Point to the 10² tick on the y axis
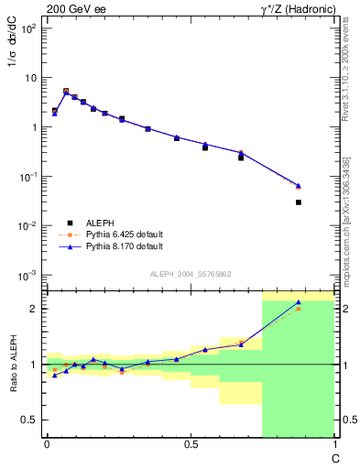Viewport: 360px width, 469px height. tap(27, 28)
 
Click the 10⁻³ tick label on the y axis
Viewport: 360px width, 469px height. tap(27, 276)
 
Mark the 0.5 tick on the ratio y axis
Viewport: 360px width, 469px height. tap(31, 420)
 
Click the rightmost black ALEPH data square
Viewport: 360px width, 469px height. tap(299, 202)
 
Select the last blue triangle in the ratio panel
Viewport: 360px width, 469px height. tap(299, 302)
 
